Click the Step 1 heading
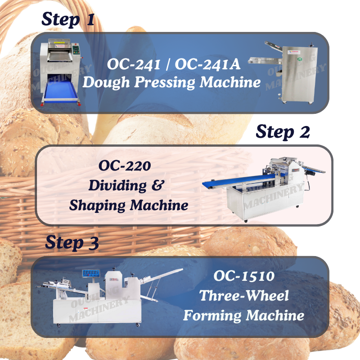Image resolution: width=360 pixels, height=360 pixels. click(68, 19)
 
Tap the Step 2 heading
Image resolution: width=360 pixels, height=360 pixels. click(283, 132)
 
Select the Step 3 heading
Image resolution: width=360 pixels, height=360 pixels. click(72, 243)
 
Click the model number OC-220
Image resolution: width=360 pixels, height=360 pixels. click(125, 166)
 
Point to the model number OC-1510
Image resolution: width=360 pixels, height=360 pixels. click(244, 276)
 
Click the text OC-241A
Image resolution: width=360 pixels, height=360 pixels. click(207, 64)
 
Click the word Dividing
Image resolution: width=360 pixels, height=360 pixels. click(117, 185)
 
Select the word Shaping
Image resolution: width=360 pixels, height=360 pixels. click(97, 206)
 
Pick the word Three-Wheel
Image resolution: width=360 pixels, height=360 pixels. click(244, 296)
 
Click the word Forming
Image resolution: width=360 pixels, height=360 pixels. click(212, 316)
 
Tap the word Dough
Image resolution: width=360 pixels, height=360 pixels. click(106, 83)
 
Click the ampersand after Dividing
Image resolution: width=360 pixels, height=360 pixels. click(158, 185)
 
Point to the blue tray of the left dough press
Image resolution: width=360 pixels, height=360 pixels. click(61, 91)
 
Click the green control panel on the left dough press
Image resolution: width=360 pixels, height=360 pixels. click(76, 50)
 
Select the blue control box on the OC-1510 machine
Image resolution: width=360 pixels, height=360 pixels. click(91, 273)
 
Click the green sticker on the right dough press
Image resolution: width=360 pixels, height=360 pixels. click(300, 60)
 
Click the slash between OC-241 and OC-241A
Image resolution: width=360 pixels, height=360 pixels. click(167, 64)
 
